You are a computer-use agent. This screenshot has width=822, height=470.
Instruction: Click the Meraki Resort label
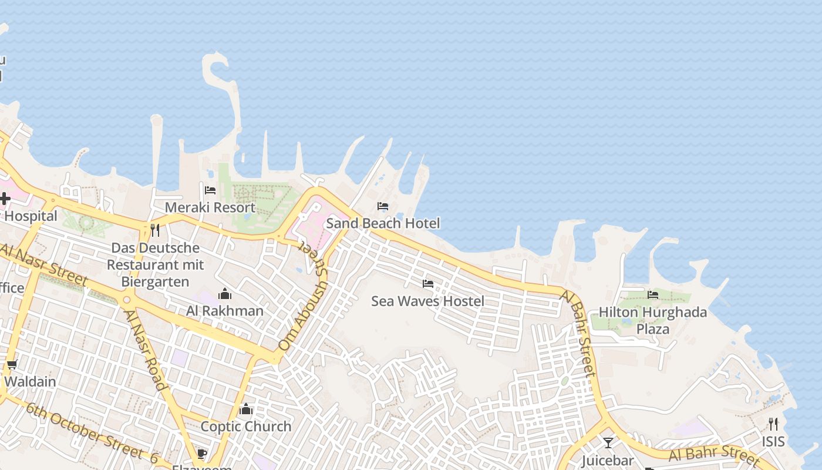pos(210,207)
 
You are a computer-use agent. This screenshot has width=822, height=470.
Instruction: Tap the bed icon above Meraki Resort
pos(210,190)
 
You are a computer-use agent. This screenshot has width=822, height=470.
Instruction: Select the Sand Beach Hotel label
pos(383,223)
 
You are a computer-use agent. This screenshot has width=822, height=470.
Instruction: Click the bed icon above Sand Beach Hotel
pos(383,206)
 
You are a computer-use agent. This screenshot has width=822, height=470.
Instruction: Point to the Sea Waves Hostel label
pos(427,301)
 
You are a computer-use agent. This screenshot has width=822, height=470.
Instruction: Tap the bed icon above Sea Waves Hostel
pos(428,284)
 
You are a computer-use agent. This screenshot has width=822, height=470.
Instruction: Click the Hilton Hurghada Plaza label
pos(653,320)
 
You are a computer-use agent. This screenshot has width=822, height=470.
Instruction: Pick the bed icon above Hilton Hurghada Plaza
pos(653,294)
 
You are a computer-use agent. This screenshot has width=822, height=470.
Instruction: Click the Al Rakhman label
pos(225,311)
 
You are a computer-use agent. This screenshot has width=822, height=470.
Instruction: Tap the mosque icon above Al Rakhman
pos(225,294)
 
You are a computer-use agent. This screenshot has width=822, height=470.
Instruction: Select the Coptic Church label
pos(246,427)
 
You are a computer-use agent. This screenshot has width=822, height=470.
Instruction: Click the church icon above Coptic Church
pos(246,409)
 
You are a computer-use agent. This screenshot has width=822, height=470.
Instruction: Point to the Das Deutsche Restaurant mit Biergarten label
pos(155,264)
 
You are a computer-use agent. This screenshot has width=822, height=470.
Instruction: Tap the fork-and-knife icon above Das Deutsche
pos(155,230)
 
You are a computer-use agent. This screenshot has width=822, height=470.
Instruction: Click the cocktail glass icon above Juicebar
pos(608,442)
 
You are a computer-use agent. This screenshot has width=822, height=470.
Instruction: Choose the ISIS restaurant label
pos(773,441)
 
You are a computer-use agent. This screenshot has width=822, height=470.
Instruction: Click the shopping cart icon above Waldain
pos(12,365)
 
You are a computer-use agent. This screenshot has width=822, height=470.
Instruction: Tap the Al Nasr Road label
pos(144,350)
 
